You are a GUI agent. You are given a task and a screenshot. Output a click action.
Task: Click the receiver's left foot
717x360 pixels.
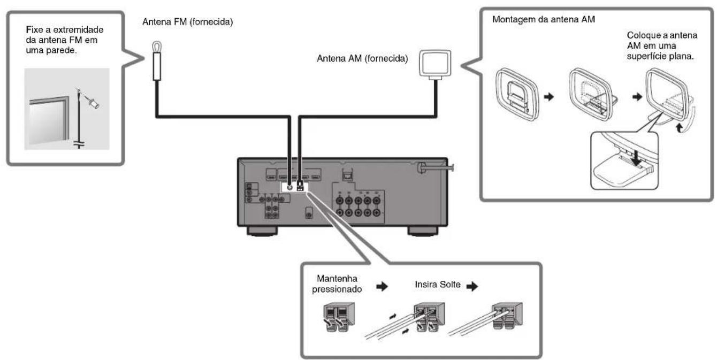[261, 231]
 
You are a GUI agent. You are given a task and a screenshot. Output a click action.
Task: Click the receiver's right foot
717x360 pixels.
[423, 231]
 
